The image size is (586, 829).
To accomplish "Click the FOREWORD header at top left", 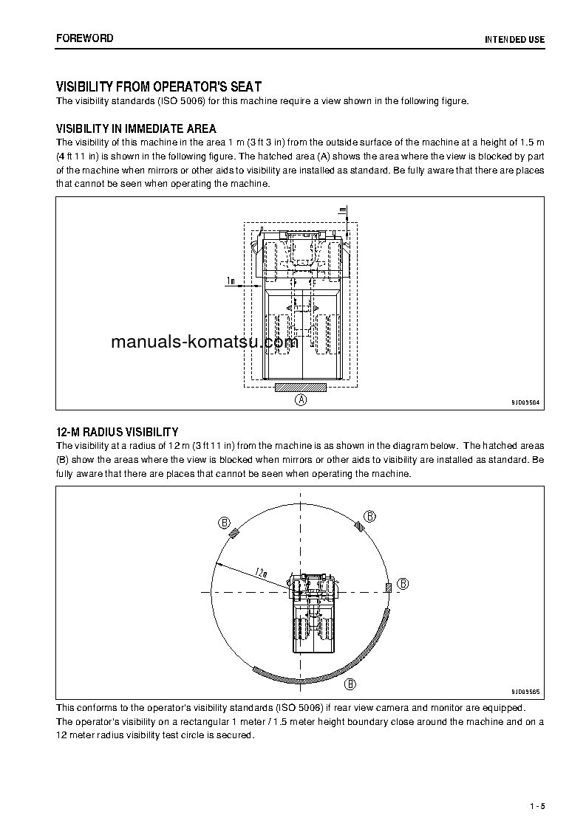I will [84, 38].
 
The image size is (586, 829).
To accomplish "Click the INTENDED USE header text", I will [514, 39].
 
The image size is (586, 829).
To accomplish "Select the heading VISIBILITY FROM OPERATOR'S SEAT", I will [158, 86].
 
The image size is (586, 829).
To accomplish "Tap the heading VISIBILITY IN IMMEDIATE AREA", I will [136, 129].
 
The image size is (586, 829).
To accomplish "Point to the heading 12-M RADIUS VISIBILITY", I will [117, 432].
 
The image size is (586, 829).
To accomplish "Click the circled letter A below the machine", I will [301, 399].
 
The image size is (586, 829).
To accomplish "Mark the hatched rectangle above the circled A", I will [300, 387].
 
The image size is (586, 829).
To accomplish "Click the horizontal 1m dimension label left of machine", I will [231, 281].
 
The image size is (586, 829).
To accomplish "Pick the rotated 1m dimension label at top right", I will [342, 211].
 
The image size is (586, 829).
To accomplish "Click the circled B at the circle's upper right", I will [370, 515].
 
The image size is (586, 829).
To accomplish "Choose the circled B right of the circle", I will [403, 583].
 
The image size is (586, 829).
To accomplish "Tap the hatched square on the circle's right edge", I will [388, 587].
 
